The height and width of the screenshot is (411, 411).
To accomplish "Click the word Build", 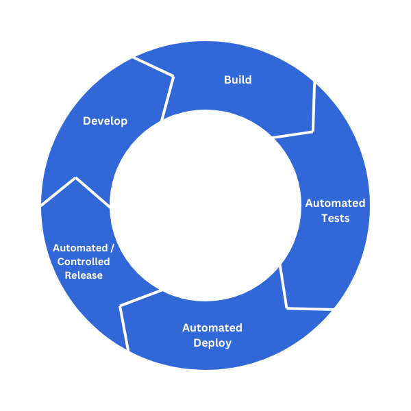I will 238,80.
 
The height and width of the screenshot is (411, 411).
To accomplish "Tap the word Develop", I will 105,121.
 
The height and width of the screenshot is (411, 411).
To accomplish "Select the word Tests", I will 335,219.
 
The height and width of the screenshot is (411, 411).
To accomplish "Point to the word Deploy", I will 212,343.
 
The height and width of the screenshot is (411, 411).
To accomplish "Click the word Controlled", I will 84,262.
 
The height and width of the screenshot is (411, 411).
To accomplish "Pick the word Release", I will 84,275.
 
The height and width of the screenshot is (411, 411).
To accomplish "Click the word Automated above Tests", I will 335,203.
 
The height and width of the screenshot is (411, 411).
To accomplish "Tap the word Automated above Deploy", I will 212,328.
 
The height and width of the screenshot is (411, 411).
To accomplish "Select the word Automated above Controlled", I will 79,248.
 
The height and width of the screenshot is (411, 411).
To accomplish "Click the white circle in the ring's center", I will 206,206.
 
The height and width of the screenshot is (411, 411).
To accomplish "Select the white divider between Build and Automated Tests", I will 313,110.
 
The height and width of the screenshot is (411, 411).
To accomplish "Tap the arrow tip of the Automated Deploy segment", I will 121,306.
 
